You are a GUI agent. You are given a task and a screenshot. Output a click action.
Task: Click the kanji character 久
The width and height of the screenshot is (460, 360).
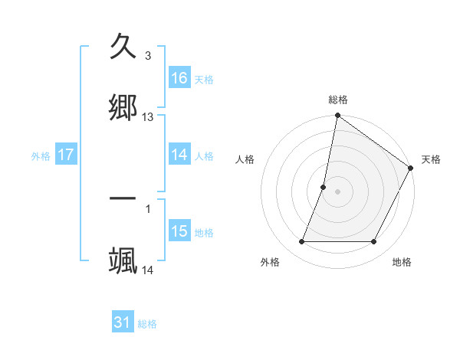coord(123,47)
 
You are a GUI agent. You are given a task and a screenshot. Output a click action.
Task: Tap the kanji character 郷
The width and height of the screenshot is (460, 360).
coord(123,106)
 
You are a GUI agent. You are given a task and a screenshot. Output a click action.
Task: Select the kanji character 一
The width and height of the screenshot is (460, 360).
coord(123,199)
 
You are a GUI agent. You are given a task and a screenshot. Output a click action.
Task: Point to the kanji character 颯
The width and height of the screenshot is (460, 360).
coord(123,260)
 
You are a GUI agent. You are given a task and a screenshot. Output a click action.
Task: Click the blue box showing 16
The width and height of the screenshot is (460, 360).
coord(179,78)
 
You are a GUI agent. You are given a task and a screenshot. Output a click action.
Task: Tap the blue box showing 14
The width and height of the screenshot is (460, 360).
coord(179,155)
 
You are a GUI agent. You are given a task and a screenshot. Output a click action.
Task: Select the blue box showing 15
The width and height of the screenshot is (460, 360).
coord(179,231)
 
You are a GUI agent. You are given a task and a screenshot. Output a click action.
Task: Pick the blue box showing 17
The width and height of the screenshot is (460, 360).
coord(66,155)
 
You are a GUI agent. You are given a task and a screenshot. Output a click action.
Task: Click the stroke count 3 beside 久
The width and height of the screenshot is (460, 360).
coord(147,56)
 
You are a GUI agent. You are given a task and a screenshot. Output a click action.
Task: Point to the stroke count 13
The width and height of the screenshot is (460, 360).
coord(148,117)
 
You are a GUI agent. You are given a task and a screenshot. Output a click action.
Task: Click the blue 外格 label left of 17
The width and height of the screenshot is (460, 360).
coord(41,156)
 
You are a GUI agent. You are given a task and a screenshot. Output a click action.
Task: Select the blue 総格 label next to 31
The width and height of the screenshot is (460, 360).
coord(147,324)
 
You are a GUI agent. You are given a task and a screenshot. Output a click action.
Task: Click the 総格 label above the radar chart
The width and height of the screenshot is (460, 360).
coord(338,100)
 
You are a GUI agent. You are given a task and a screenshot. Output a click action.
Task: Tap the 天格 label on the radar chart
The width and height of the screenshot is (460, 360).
coord(431,159)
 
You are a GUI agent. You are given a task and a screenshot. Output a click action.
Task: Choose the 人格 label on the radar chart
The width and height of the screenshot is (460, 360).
coord(245,159)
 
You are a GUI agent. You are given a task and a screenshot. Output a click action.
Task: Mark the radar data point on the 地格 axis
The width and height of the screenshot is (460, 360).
coord(374,241)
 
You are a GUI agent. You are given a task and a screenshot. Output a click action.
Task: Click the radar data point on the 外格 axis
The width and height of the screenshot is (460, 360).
coord(302,241)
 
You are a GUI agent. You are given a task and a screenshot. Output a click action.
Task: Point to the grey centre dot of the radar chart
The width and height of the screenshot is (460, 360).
coord(338,191)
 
